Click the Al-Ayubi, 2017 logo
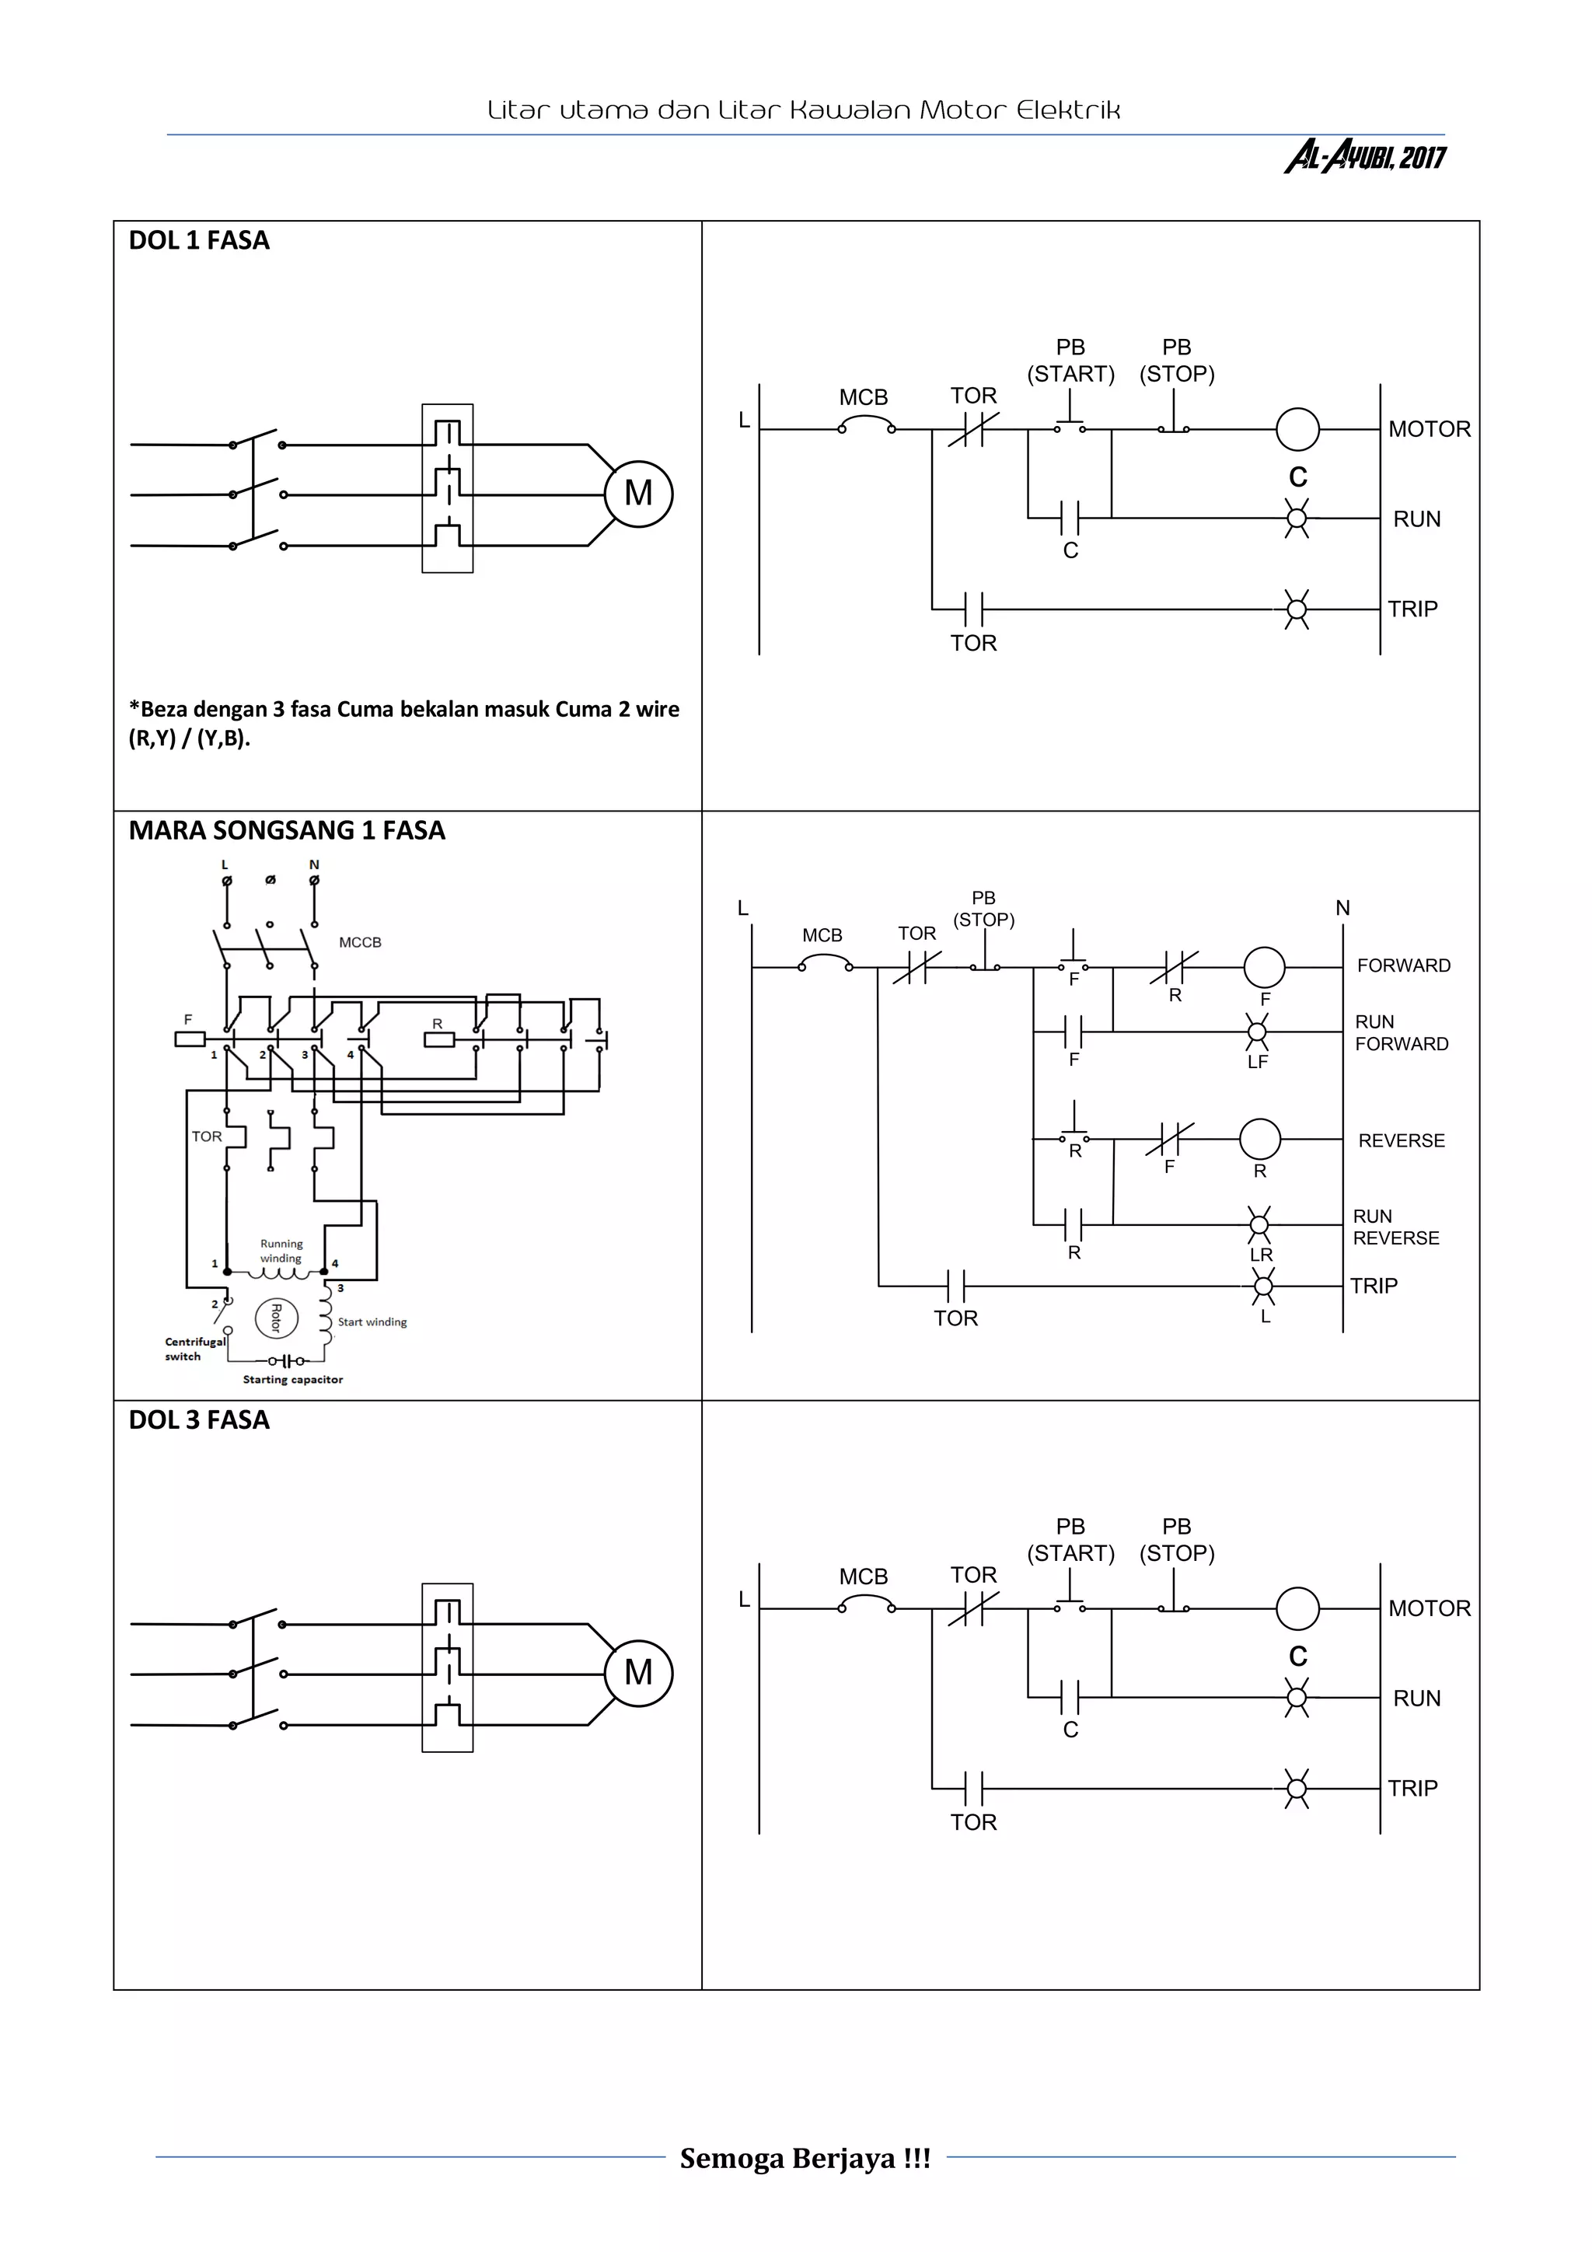pos(1364,156)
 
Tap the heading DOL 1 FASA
pos(199,240)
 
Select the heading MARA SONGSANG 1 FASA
pos(286,831)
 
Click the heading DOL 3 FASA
pos(199,1420)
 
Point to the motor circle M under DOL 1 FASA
pos(638,494)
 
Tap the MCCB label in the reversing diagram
pos(360,943)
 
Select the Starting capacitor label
pos(292,1379)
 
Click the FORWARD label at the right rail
pos(1402,966)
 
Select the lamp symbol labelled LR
pos(1259,1224)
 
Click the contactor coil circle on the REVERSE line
pos(1259,1139)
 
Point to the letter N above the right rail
pos(1342,908)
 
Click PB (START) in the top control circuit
pos(1070,360)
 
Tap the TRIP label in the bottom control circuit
pos(1412,1788)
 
